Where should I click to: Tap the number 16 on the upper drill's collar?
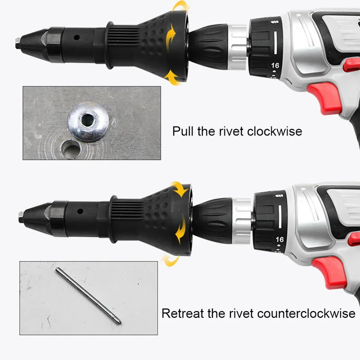tap(275, 65)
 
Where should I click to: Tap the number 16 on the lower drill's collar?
tap(279, 239)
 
